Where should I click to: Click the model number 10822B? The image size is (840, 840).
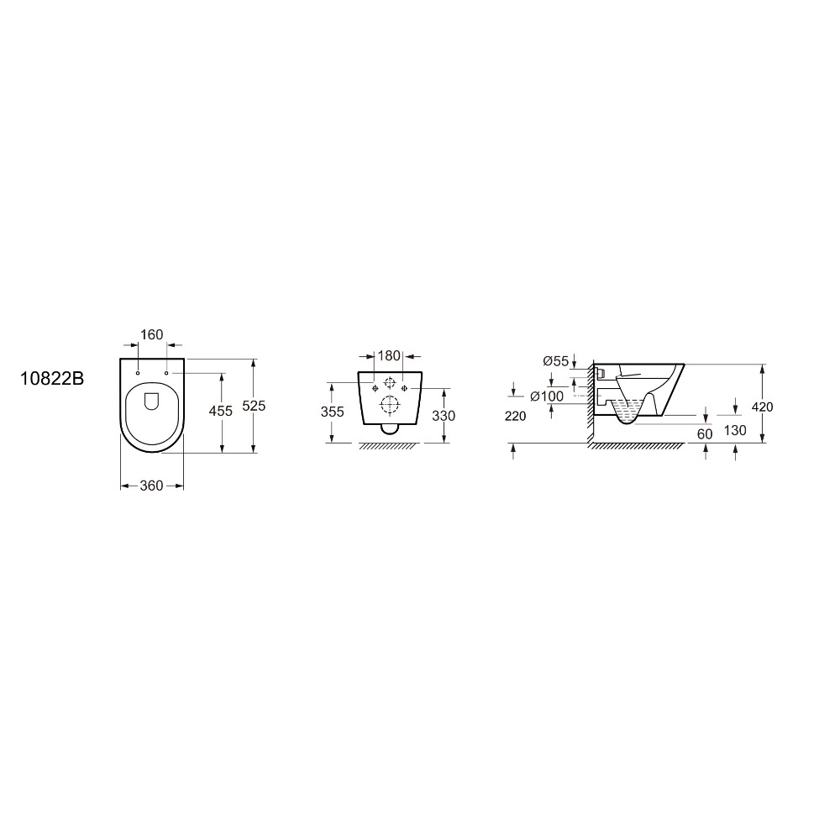tap(52, 379)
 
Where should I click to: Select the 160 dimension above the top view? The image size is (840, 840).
tap(151, 335)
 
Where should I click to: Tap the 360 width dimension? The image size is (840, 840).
tap(151, 486)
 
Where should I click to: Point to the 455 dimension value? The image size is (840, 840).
tap(221, 411)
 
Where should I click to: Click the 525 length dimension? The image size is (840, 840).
tap(254, 406)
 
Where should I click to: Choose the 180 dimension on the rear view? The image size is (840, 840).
tap(389, 355)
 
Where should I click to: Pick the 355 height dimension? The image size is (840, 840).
tap(332, 412)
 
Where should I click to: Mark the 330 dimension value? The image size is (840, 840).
tap(444, 415)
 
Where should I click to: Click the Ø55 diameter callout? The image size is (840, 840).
tap(555, 361)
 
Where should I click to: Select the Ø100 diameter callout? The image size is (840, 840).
tap(547, 396)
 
